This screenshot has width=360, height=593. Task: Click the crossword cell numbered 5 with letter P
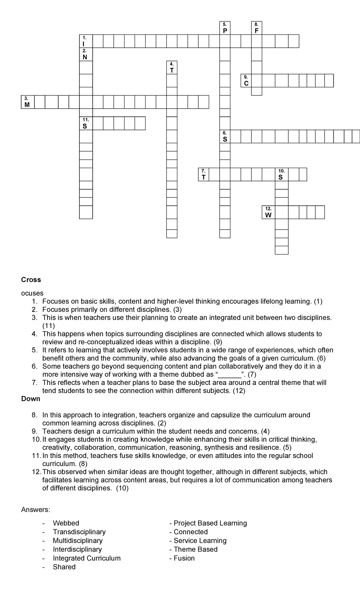click(225, 28)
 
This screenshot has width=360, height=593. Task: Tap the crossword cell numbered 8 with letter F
click(256, 28)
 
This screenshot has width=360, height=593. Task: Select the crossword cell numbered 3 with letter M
click(27, 102)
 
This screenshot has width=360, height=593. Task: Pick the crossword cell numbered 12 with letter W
click(268, 212)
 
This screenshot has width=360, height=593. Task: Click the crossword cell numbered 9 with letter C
click(246, 81)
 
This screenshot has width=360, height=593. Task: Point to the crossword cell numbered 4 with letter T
click(172, 68)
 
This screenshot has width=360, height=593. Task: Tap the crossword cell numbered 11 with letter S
click(86, 123)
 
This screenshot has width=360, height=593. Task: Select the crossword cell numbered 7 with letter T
click(203, 174)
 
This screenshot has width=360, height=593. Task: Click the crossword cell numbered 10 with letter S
click(281, 174)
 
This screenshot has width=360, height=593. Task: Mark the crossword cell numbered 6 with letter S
click(225, 137)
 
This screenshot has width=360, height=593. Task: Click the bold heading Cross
click(31, 280)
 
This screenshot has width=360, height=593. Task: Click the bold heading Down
click(31, 399)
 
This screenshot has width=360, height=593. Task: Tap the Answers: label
click(36, 510)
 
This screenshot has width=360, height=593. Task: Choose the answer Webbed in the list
click(66, 523)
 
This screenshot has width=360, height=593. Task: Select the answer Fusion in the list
click(184, 558)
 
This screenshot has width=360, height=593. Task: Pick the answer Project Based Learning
click(210, 523)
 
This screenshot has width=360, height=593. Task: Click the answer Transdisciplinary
click(79, 532)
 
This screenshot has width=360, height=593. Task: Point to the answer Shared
click(64, 567)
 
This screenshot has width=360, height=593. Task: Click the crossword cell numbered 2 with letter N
click(86, 54)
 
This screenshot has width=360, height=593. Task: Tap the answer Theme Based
click(195, 549)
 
